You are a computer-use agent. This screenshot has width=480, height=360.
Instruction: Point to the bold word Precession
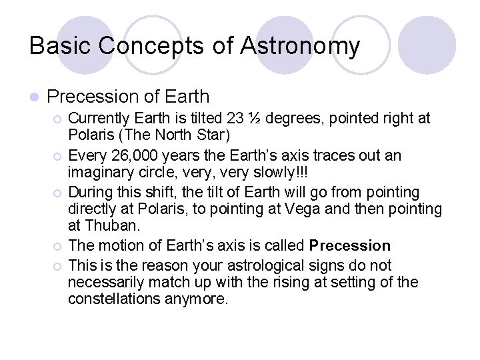pyautogui.click(x=351, y=245)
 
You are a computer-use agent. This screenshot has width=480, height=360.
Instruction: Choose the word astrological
pyautogui.click(x=249, y=265)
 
